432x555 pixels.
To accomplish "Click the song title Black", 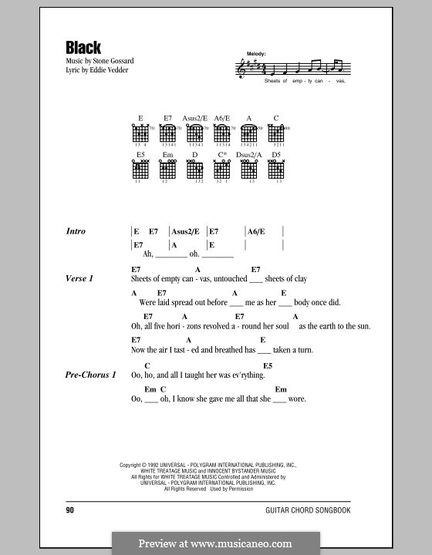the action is [x=83, y=47].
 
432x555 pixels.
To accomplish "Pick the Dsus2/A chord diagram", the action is [x=250, y=169].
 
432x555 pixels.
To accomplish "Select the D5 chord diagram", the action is [x=277, y=169].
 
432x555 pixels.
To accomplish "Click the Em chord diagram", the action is [x=167, y=169].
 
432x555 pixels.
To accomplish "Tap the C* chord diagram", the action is [x=222, y=169].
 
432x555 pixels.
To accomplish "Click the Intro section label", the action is [x=76, y=231].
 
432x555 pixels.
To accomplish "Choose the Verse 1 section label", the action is [x=80, y=278].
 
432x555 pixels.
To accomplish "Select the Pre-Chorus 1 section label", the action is [x=92, y=375].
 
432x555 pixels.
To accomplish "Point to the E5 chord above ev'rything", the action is [x=268, y=365].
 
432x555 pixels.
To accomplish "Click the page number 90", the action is [x=70, y=510].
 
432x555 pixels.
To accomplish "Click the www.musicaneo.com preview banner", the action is [x=216, y=543].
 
